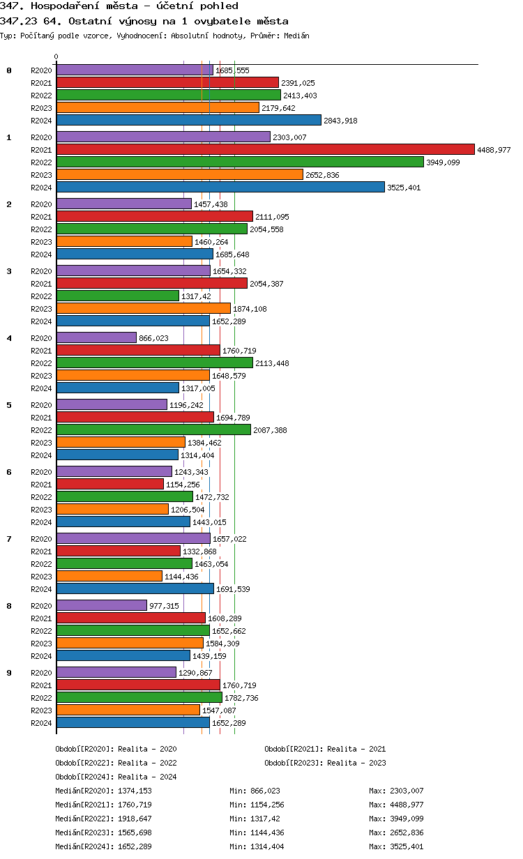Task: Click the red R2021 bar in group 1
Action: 265,149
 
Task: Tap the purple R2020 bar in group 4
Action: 96,337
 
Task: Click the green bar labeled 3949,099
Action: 240,162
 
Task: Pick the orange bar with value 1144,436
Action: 109,576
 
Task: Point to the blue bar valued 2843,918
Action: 188,120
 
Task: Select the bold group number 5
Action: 9,404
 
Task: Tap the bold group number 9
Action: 9,672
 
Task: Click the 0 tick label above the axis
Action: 56,56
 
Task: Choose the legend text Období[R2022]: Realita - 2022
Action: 116,763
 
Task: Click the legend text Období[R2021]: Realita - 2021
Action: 325,749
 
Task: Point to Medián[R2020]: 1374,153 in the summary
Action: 103,791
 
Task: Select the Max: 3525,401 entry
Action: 396,846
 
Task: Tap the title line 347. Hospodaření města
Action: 119,6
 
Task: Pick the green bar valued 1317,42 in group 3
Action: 117,296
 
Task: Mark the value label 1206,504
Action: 190,510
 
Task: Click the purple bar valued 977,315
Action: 101,605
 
